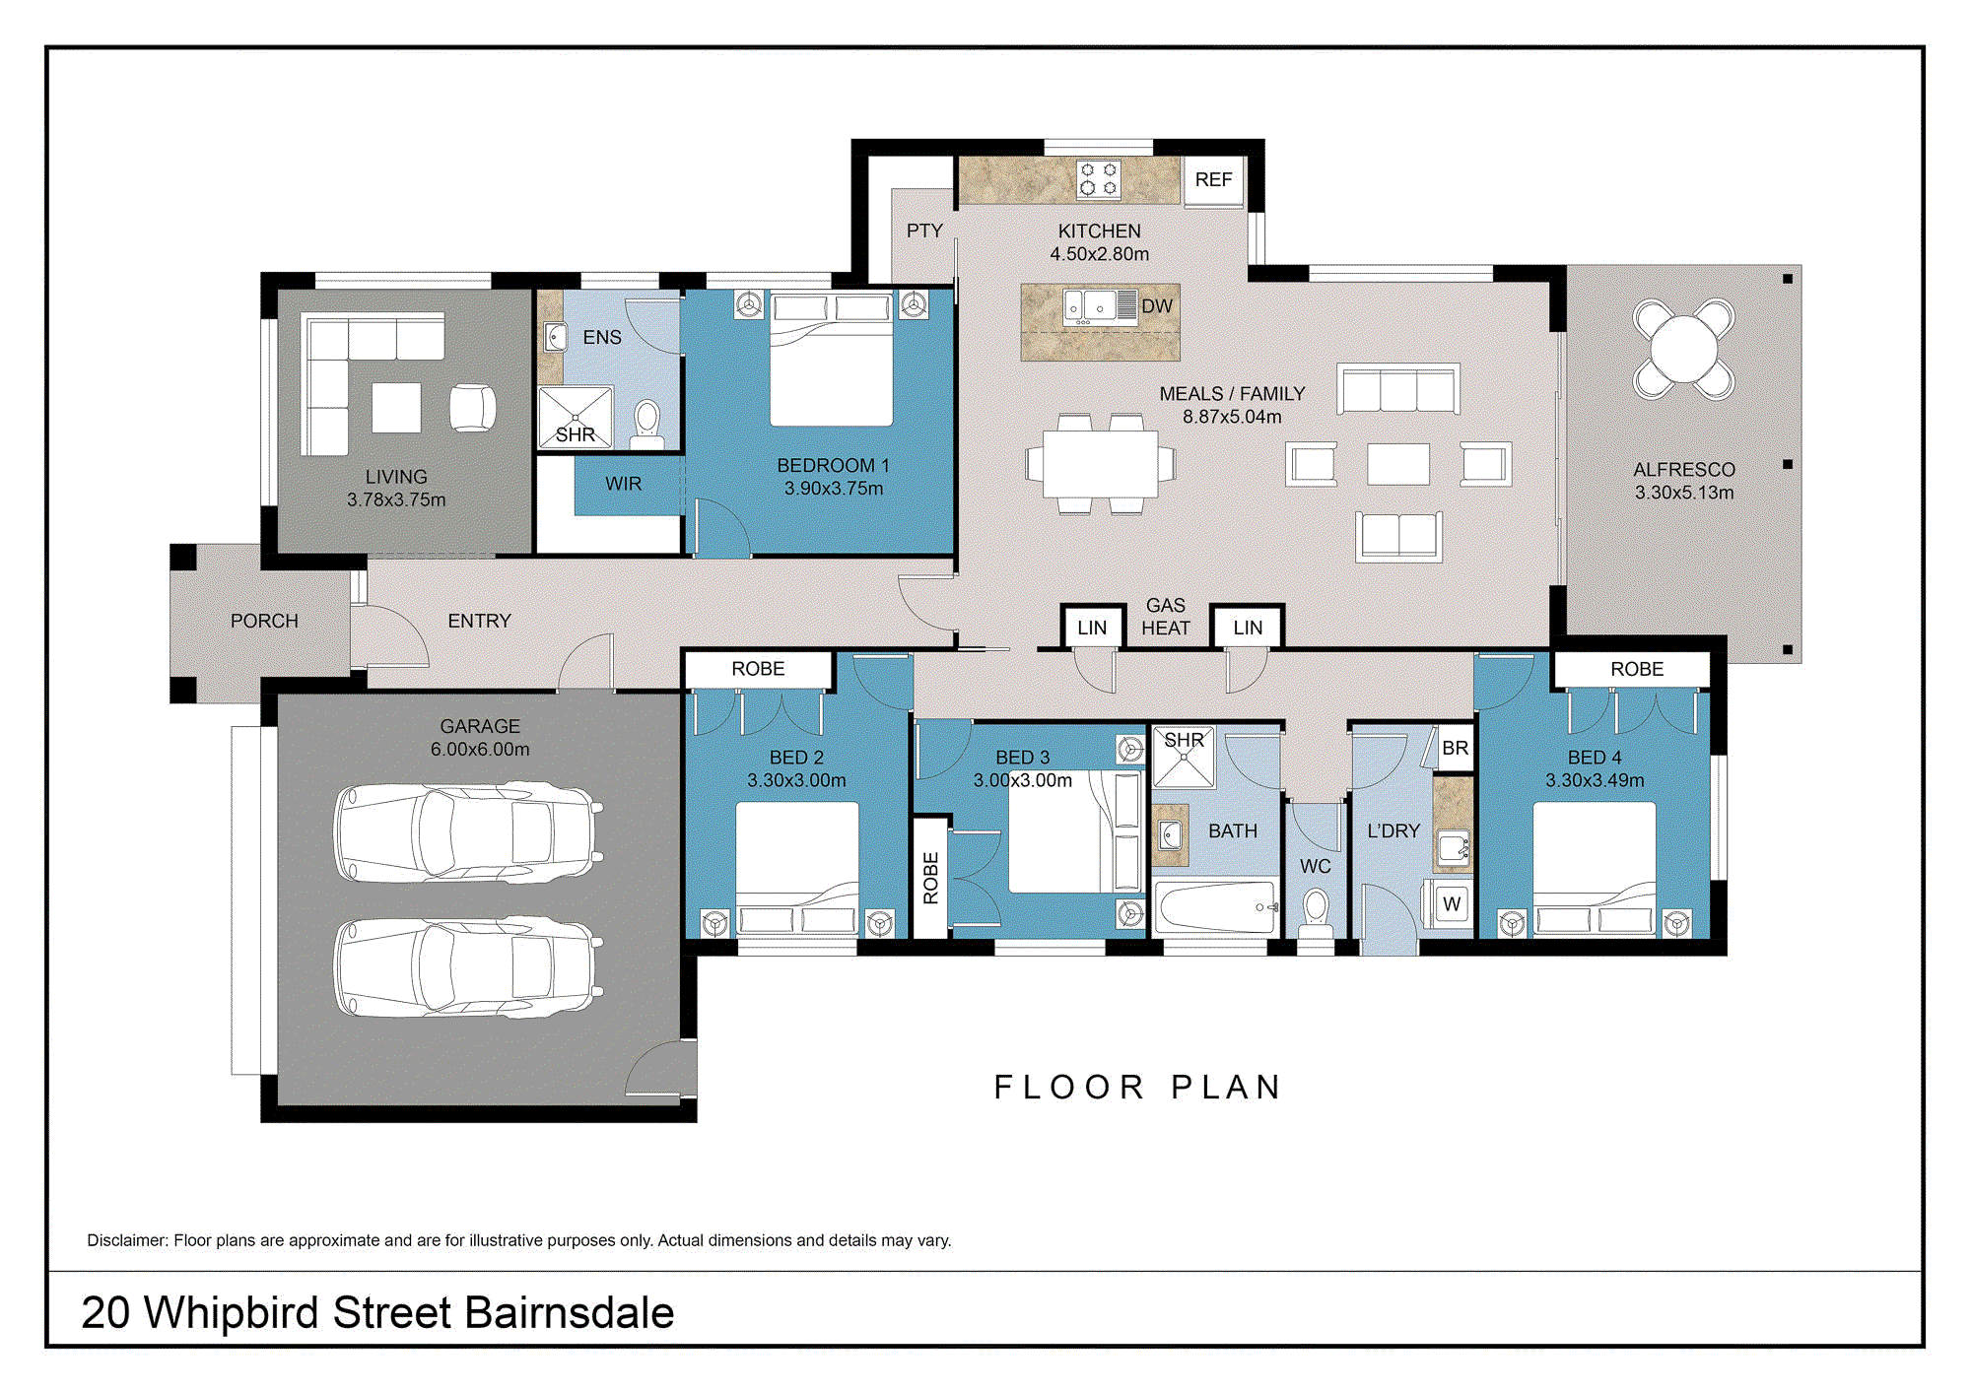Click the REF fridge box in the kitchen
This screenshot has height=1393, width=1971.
(1213, 180)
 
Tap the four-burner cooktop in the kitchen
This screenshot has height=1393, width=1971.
(1098, 179)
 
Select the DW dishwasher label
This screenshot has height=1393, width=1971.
(1157, 306)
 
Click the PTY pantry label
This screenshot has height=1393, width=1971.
(924, 231)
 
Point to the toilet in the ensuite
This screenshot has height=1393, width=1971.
(646, 425)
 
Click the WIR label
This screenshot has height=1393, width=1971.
(623, 484)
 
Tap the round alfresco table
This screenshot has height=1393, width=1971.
(1684, 349)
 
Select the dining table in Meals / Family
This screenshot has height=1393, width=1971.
(1100, 464)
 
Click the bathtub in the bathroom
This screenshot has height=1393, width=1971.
(1216, 907)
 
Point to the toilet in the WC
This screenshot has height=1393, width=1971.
(1316, 912)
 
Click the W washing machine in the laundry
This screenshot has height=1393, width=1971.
(1451, 904)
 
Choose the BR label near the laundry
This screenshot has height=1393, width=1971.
(1455, 748)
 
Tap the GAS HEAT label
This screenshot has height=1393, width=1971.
(1166, 617)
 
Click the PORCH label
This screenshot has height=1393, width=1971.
(264, 621)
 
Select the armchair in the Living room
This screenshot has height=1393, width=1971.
(472, 407)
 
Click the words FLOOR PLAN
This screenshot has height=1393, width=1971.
(1137, 1087)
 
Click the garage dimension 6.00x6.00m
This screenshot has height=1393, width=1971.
(480, 749)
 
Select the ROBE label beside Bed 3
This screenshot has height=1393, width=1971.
(931, 878)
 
